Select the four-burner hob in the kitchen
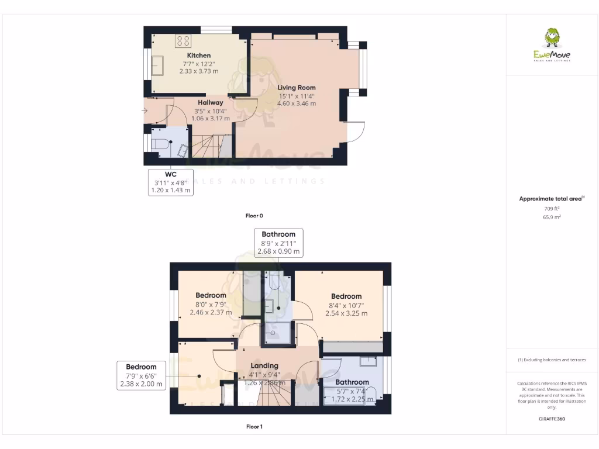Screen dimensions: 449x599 [183, 41]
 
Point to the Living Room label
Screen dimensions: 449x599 [297, 88]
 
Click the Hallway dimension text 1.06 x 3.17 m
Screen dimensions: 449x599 [211, 118]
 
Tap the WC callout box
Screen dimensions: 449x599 [170, 182]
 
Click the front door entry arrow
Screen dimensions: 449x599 [145, 110]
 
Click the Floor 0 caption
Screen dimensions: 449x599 [254, 216]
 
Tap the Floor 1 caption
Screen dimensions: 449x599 [254, 427]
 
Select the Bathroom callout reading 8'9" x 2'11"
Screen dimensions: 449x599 [278, 243]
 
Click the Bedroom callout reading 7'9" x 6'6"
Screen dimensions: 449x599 [141, 375]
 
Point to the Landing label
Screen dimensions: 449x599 [264, 365]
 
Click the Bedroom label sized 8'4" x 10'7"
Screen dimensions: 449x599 [346, 296]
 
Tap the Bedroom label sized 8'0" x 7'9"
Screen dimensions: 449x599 [211, 295]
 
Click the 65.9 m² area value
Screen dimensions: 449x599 [552, 217]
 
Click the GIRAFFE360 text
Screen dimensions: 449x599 [552, 419]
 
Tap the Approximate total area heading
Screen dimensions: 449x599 [551, 199]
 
